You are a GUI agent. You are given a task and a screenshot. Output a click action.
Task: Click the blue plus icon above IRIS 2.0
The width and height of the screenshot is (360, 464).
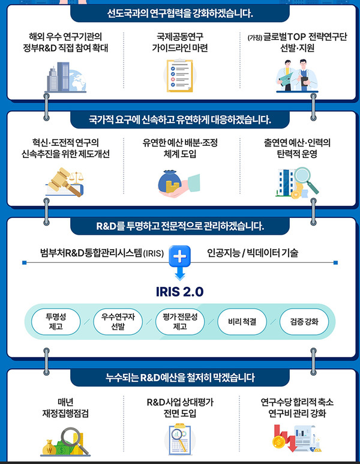point(179,256)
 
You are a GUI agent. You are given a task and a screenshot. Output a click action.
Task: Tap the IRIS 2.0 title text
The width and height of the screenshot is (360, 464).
point(179,292)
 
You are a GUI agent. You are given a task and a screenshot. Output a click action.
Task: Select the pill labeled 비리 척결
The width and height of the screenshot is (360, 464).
point(242,322)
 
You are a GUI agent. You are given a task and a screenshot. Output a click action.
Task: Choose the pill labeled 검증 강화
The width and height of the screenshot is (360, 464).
point(304,322)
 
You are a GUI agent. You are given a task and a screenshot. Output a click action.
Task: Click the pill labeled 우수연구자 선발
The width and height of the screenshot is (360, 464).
point(118,322)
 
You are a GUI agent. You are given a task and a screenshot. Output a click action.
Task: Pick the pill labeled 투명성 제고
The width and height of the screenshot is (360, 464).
point(56,322)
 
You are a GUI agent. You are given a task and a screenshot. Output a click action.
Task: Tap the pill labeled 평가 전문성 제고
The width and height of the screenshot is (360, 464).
point(180,322)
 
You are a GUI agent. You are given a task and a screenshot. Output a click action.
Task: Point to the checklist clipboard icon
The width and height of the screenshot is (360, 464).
point(179,76)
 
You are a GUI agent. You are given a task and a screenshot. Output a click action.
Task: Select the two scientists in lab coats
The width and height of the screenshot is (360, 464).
point(296,76)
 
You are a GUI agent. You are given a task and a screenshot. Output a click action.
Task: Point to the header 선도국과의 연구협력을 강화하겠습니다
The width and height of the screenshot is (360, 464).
point(180,13)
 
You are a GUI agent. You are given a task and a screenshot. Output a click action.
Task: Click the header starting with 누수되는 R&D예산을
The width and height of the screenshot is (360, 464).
point(180,378)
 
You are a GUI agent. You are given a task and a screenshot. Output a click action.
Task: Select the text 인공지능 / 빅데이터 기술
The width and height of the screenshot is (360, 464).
point(253,253)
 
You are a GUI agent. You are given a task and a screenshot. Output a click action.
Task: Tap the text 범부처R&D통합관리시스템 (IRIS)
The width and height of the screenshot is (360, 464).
point(102,253)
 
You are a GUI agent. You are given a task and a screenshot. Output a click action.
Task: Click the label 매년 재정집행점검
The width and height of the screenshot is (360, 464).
point(65,408)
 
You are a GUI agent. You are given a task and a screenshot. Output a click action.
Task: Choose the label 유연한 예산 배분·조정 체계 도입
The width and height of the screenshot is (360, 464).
point(180,148)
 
